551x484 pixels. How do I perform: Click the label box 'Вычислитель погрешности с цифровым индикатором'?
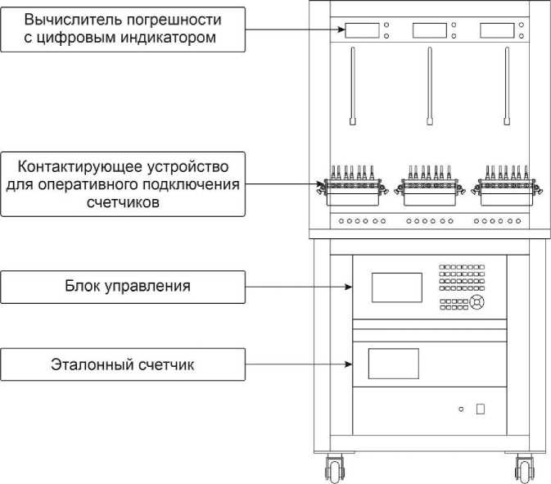[x=123, y=29]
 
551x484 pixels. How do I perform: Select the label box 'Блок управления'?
[x=123, y=287]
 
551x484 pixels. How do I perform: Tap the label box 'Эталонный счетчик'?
[x=123, y=364]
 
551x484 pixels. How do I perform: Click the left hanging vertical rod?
[x=353, y=86]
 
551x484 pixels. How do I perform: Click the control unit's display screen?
[x=397, y=287]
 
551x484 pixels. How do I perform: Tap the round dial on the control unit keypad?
[x=477, y=303]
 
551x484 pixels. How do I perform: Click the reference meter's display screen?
[x=393, y=364]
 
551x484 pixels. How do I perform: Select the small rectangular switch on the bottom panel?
[x=481, y=409]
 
